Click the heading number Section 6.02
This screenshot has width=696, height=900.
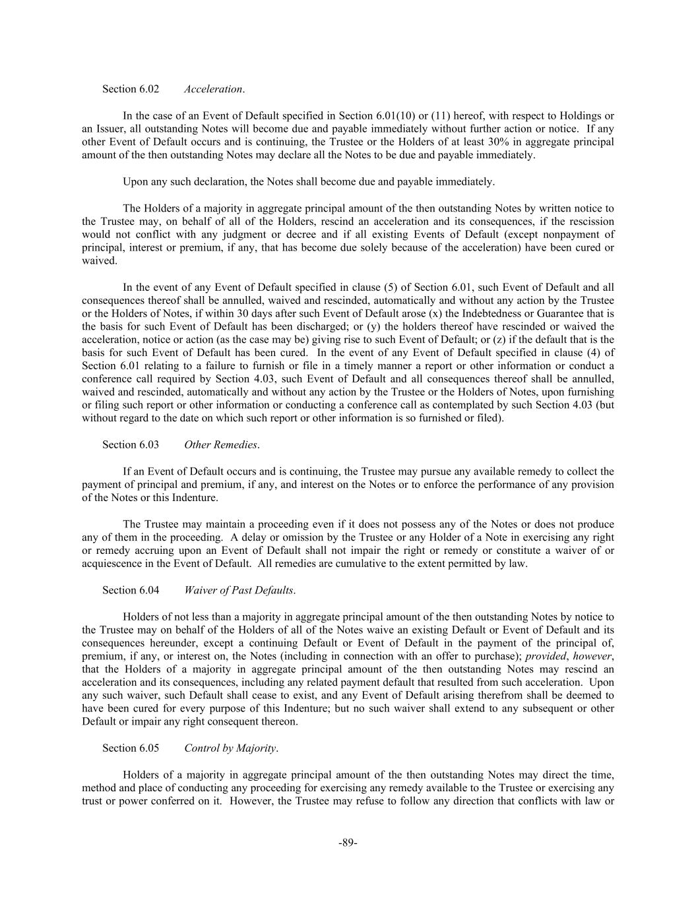click(x=131, y=89)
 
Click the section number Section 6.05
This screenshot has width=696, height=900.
click(x=131, y=748)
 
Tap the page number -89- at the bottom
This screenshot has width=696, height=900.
click(x=348, y=843)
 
